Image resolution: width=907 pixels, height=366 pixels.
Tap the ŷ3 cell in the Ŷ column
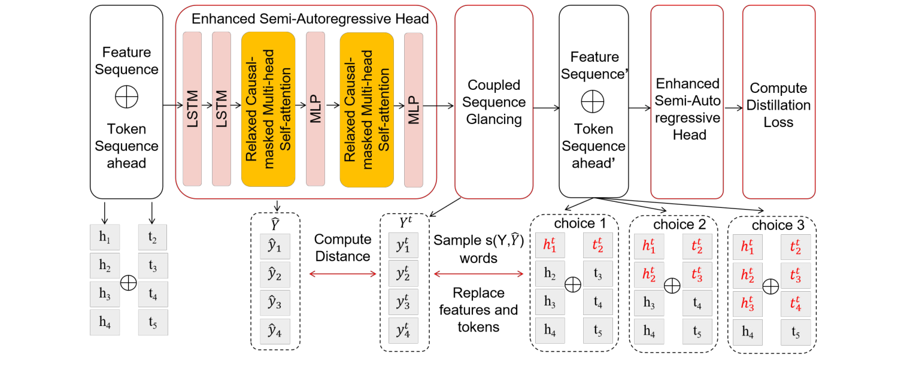pos(274,302)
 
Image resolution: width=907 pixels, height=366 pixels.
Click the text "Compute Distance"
pos(343,247)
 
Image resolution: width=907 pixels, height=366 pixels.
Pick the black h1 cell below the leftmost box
pos(105,238)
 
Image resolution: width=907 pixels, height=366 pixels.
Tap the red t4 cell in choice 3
pos(796,303)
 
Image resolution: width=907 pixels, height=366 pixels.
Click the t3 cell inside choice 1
pos(598,274)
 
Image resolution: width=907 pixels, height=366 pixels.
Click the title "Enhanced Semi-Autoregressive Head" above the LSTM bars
pos(310,19)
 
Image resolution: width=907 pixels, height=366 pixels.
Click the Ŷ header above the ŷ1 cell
pos(274,225)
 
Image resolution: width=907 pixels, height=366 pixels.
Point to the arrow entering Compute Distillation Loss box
pos(732,108)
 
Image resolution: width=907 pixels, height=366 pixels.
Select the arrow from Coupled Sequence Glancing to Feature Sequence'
pos(546,108)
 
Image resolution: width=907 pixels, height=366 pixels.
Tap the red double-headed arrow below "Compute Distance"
pos(343,274)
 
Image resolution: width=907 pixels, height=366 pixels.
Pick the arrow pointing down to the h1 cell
pos(105,212)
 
